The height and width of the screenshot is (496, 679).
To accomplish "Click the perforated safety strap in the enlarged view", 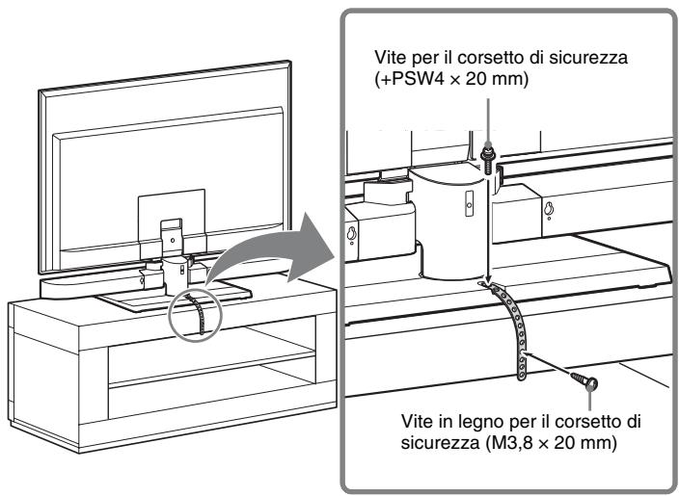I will click(x=510, y=327).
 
